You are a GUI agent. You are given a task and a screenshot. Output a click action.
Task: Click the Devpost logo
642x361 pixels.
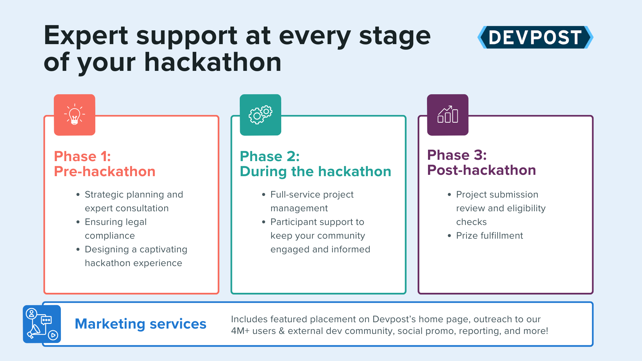click(x=535, y=37)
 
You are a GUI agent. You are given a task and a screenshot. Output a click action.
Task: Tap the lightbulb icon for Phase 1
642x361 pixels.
click(x=75, y=115)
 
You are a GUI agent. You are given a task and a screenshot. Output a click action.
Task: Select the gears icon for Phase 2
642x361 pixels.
click(x=260, y=115)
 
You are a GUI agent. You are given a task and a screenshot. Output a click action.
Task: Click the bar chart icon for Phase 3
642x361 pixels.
click(x=448, y=115)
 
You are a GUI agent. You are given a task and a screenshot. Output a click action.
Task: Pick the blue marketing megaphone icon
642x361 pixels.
click(x=42, y=324)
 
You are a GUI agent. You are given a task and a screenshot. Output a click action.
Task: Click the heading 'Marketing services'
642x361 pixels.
click(x=140, y=324)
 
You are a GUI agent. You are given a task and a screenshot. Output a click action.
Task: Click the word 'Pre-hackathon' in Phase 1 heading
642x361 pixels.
click(x=105, y=171)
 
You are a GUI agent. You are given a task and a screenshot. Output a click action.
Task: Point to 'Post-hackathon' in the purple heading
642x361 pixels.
click(x=481, y=170)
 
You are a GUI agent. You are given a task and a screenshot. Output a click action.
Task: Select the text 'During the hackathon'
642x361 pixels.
click(x=315, y=171)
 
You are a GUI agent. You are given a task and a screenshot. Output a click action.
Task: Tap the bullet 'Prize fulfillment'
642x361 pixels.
click(x=489, y=236)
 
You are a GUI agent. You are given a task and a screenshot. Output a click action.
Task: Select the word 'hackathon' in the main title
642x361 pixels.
click(x=213, y=62)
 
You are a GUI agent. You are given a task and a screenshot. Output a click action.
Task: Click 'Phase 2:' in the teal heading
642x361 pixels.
click(x=270, y=156)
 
